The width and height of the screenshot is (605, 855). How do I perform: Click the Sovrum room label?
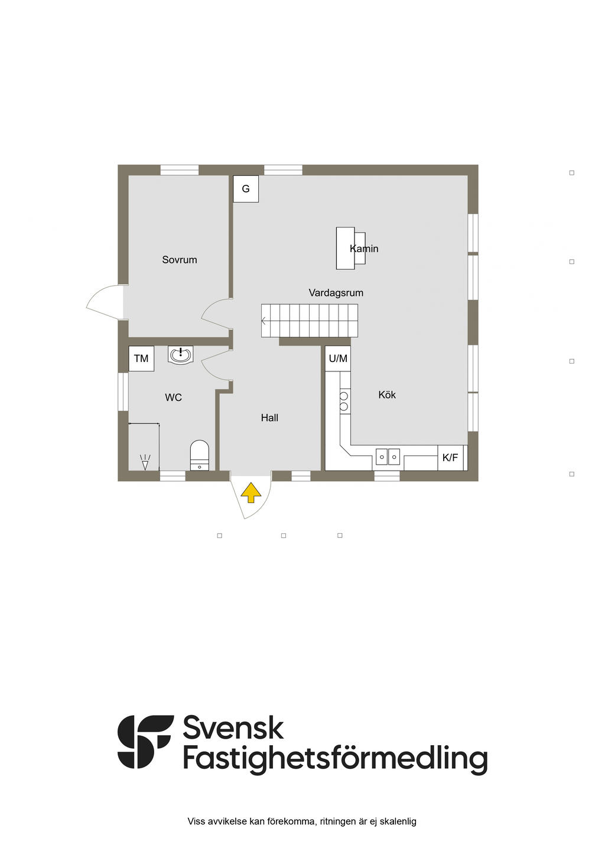click(180, 260)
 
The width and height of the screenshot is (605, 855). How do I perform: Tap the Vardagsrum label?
click(336, 293)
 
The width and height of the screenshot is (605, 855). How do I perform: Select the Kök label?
click(387, 395)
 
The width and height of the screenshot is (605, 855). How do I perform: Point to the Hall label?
click(269, 418)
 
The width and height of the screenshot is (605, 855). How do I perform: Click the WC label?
click(173, 398)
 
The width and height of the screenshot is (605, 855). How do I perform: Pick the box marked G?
click(246, 189)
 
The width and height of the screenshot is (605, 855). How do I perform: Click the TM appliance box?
click(141, 358)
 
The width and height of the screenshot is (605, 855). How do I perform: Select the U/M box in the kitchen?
click(338, 358)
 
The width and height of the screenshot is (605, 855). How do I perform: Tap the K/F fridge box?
click(450, 458)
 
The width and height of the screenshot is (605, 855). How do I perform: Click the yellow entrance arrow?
click(251, 492)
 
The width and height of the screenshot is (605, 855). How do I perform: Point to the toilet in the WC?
click(200, 455)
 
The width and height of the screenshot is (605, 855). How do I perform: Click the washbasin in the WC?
click(180, 355)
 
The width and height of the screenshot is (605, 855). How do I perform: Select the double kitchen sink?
click(388, 456)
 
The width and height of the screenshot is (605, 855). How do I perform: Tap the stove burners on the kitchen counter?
click(344, 400)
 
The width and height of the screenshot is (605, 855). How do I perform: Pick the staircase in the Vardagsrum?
click(310, 321)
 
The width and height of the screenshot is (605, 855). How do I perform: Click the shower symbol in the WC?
click(145, 461)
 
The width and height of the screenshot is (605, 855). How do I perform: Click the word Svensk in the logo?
click(233, 728)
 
